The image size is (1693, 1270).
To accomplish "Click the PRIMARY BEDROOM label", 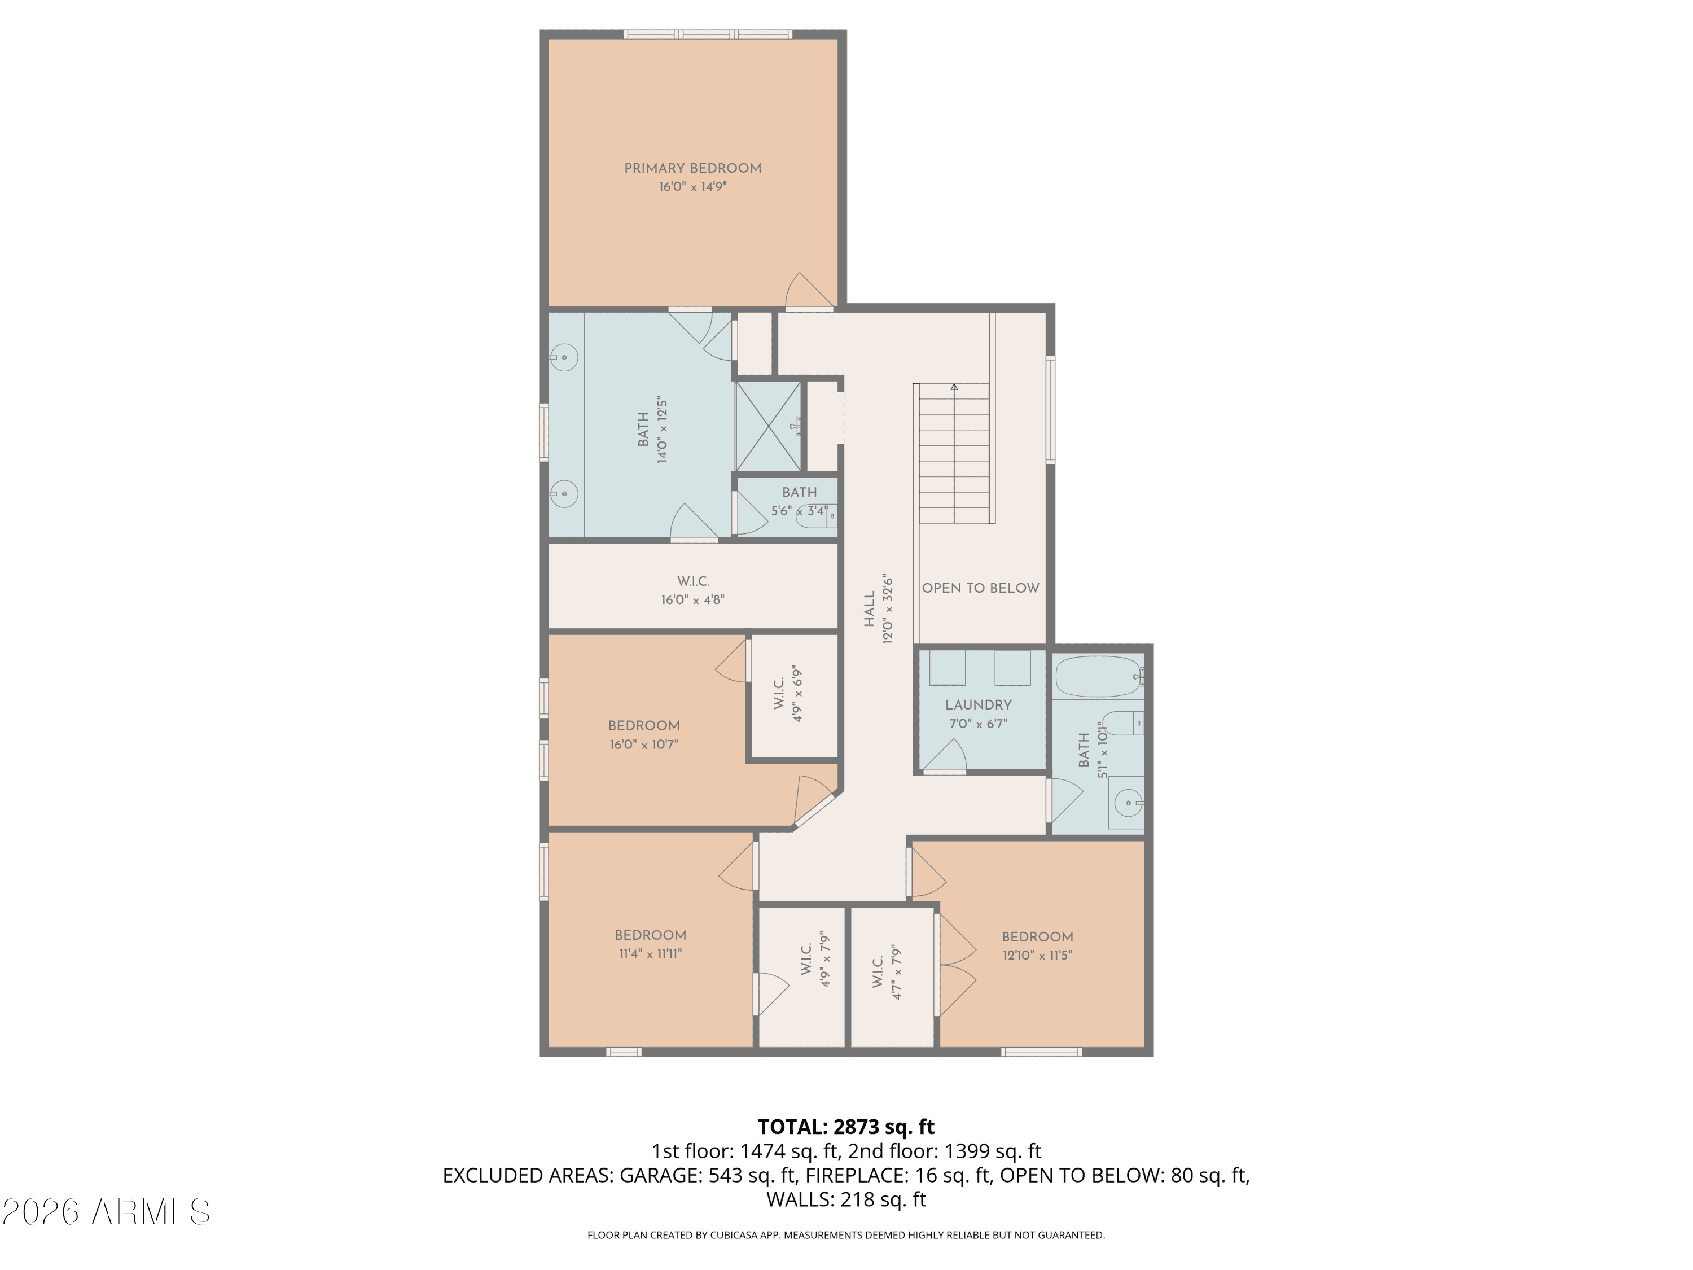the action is click(692, 168).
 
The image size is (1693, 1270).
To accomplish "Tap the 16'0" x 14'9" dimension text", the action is click(692, 187).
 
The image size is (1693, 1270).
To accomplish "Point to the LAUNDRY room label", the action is click(978, 705).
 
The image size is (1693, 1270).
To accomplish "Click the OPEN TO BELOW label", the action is click(980, 588).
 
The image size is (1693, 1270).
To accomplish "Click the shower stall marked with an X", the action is click(769, 426).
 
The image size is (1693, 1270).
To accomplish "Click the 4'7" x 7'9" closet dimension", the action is click(897, 971).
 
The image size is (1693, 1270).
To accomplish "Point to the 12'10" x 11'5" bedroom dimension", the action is click(1037, 956).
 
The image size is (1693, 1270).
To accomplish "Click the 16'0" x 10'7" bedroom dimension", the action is click(644, 744).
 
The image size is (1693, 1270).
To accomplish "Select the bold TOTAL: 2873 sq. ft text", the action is click(846, 1127).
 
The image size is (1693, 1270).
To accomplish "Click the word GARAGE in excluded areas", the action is click(657, 1175).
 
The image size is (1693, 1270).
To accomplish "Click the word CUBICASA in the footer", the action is click(735, 1235).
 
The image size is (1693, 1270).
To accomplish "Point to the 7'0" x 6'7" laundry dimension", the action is click(978, 724).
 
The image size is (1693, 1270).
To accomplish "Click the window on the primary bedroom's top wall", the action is click(708, 34).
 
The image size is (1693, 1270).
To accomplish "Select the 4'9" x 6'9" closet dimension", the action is click(797, 694).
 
